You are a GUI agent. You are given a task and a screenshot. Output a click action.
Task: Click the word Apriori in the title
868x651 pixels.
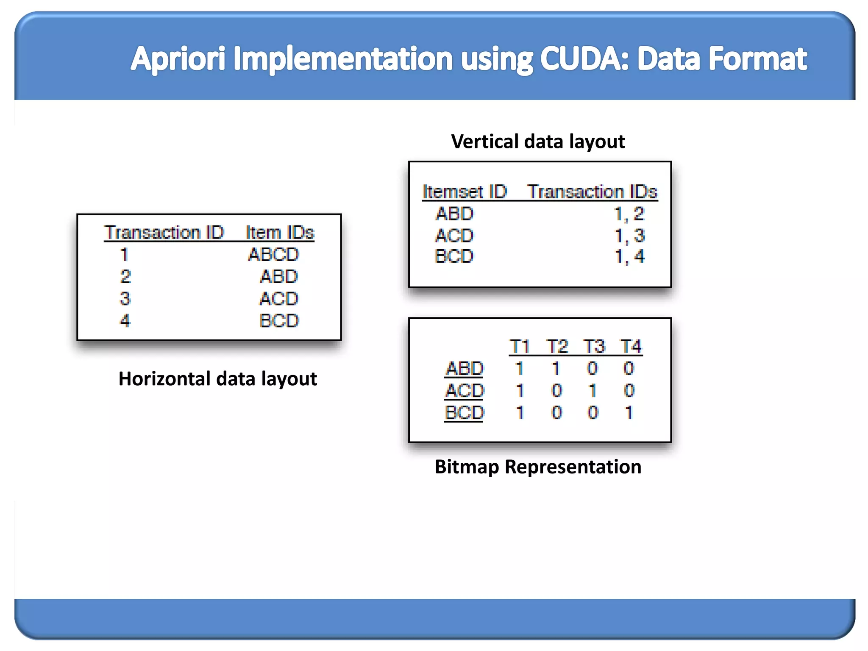(x=178, y=59)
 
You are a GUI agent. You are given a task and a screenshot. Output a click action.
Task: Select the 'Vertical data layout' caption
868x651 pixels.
(x=538, y=142)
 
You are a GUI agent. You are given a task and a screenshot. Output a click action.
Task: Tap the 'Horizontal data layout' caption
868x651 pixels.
(x=217, y=379)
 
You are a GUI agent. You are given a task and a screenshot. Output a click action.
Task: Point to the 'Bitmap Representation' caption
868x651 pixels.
(x=538, y=467)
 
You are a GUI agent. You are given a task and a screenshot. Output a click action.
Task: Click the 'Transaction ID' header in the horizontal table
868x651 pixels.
(x=164, y=233)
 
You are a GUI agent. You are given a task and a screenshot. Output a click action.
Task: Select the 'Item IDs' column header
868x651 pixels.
(x=280, y=233)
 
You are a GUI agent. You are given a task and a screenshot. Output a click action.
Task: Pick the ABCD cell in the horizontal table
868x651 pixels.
(x=274, y=255)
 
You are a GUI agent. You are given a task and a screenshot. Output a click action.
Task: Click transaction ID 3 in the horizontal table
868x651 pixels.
(x=125, y=299)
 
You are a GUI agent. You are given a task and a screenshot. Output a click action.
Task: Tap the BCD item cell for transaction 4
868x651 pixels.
(x=279, y=321)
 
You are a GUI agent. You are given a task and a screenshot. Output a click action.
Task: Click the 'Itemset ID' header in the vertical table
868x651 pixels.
(x=465, y=192)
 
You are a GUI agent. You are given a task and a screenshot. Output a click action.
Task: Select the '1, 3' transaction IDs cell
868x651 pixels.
(x=629, y=236)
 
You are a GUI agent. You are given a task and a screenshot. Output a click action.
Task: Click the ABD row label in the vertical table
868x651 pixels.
(x=454, y=214)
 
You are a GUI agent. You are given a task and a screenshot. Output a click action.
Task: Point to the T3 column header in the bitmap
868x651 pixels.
(x=594, y=347)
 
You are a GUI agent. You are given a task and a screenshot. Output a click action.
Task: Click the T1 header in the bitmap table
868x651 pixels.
(x=520, y=347)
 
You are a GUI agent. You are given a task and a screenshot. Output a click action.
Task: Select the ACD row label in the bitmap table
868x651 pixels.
(x=465, y=391)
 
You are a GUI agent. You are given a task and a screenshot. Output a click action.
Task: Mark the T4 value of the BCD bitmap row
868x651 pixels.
(x=629, y=413)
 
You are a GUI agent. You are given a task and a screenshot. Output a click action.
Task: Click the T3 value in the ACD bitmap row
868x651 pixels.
(x=593, y=391)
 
